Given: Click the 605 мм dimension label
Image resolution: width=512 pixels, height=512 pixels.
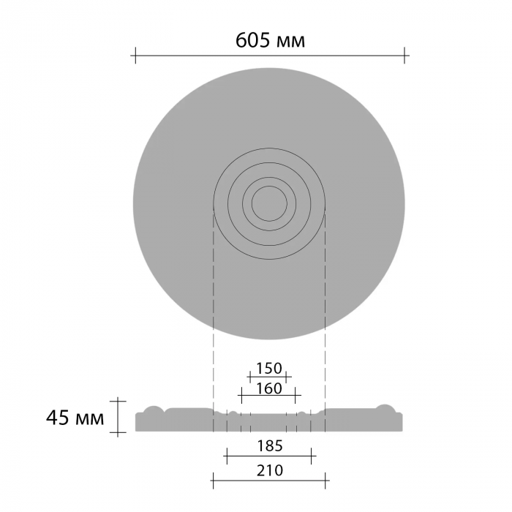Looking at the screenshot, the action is click(270, 41).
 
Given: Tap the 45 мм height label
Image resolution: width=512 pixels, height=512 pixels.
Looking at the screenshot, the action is click(75, 418).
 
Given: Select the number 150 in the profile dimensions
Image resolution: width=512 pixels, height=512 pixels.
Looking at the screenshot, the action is click(268, 369).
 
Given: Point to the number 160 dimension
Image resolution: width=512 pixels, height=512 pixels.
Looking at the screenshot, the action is click(268, 388).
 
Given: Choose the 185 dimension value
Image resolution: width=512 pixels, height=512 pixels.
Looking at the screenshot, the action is click(270, 446).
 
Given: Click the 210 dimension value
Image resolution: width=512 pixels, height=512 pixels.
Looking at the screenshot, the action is click(270, 470).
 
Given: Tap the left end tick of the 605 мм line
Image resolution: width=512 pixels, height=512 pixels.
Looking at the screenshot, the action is click(135, 56).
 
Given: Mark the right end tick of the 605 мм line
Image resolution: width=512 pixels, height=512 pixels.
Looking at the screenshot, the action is click(404, 56).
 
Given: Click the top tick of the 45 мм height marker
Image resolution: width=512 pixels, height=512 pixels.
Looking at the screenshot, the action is click(118, 401).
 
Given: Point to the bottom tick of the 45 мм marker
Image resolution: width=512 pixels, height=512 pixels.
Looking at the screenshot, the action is click(118, 432).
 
